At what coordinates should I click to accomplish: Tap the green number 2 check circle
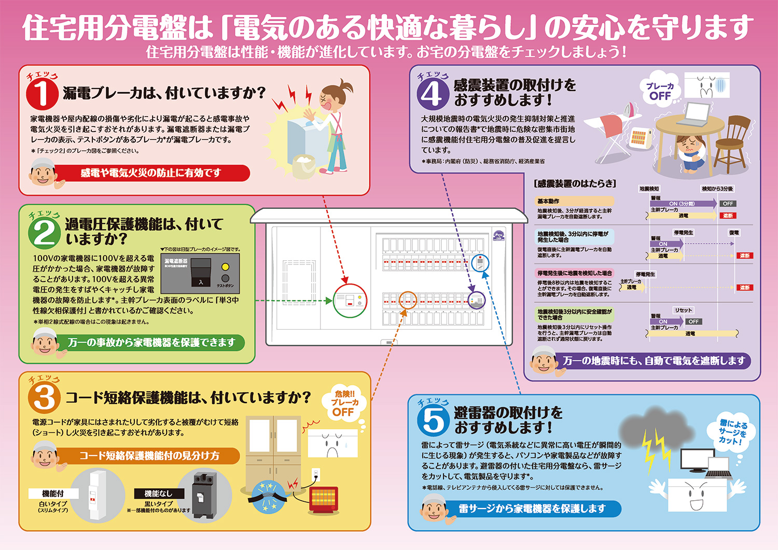pos(44,232)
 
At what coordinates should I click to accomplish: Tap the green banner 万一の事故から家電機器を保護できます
pos(151,343)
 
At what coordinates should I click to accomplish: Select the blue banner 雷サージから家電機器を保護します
pos(532,509)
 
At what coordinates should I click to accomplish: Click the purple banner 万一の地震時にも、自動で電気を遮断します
pos(654,361)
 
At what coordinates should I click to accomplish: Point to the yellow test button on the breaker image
pos(225,267)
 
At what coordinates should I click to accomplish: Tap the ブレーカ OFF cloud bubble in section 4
pos(660,91)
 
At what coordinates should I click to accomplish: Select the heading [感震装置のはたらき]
pos(575,184)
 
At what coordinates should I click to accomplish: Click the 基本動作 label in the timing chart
pos(548,201)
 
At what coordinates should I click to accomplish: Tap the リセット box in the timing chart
pos(683,310)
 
